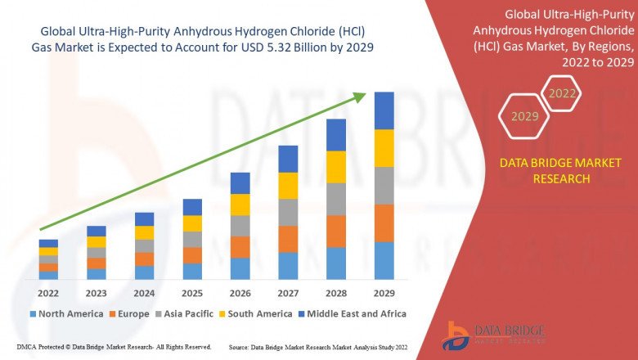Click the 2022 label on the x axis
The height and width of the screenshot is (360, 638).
pyautogui.click(x=48, y=293)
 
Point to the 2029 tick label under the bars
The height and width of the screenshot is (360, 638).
pyautogui.click(x=384, y=293)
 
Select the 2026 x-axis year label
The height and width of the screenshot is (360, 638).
pyautogui.click(x=240, y=293)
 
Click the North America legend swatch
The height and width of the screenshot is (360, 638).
pyautogui.click(x=34, y=313)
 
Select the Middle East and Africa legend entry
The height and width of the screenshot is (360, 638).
pyautogui.click(x=354, y=313)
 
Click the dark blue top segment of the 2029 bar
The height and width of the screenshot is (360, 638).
pyautogui.click(x=384, y=110)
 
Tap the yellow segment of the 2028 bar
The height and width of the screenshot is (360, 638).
pyautogui.click(x=336, y=167)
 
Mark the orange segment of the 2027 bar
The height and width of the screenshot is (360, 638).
pyautogui.click(x=288, y=239)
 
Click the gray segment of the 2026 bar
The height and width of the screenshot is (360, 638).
pyautogui.click(x=240, y=226)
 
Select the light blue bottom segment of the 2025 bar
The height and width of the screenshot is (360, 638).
pyautogui.click(x=192, y=271)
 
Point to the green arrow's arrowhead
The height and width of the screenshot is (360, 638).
pyautogui.click(x=360, y=97)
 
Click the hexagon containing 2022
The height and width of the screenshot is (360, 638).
pyautogui.click(x=562, y=93)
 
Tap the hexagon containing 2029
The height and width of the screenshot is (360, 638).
pyautogui.click(x=524, y=116)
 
